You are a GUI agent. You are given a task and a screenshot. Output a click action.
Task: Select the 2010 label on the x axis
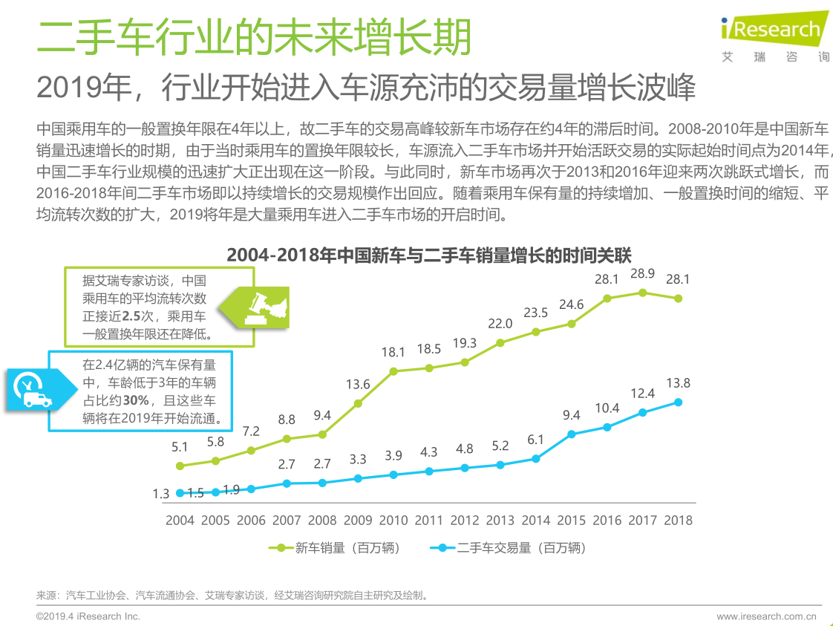393,520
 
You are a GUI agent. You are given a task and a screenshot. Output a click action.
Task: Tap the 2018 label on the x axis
678,520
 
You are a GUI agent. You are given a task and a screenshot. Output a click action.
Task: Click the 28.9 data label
642,274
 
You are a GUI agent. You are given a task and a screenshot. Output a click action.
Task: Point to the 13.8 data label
678,383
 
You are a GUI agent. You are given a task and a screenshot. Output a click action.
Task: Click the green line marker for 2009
358,403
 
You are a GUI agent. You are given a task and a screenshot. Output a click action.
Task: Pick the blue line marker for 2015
572,434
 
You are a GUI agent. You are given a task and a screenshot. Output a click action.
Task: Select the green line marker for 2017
642,293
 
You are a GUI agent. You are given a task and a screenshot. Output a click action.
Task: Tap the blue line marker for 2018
678,402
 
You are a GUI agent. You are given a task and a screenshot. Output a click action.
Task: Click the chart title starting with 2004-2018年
429,255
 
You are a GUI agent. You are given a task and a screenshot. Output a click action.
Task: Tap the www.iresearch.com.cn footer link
766,616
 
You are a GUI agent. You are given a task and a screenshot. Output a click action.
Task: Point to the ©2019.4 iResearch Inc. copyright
88,616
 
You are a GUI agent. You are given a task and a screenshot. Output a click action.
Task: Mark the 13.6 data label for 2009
358,385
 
